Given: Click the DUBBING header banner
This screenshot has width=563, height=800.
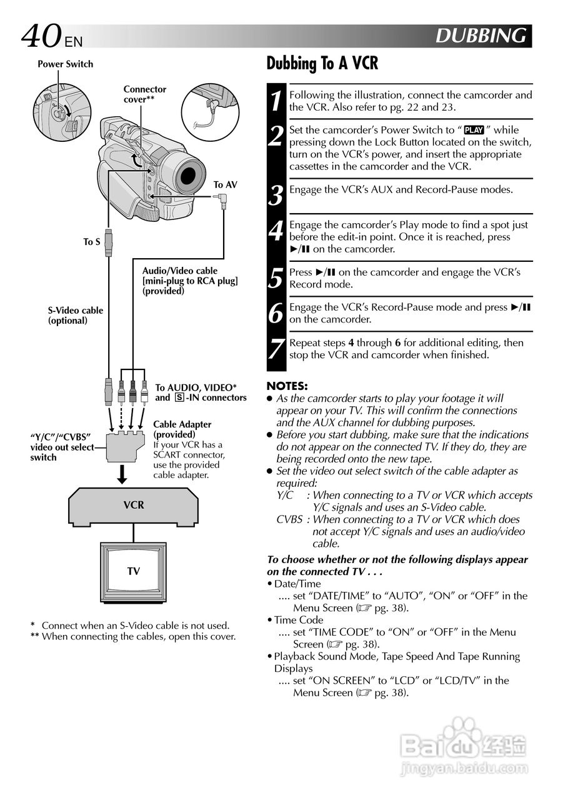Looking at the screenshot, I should (x=481, y=36).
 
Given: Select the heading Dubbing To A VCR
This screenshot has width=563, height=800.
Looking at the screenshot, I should (x=322, y=64).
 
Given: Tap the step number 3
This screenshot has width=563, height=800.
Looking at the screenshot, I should (x=276, y=196).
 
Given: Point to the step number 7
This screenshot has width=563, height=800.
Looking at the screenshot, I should (x=276, y=349).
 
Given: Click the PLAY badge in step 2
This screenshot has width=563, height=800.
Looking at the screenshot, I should (x=474, y=131).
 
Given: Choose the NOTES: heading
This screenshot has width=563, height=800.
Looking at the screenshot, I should (x=287, y=386).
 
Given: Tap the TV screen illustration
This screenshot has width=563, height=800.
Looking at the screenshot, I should (x=133, y=571).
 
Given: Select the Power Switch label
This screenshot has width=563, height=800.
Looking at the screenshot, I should (x=65, y=64).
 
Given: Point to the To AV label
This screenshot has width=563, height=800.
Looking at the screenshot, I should (x=225, y=185).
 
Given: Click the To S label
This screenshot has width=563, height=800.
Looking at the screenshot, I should (x=92, y=242).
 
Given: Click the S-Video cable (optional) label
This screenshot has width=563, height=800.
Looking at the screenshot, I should (x=76, y=316).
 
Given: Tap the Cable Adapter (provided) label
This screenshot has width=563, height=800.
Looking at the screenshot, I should (x=182, y=429).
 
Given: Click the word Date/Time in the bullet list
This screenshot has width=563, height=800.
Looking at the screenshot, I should (x=297, y=584).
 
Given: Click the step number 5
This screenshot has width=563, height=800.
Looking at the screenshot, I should (x=276, y=279).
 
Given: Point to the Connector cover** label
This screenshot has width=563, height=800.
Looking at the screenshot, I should (x=145, y=94).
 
